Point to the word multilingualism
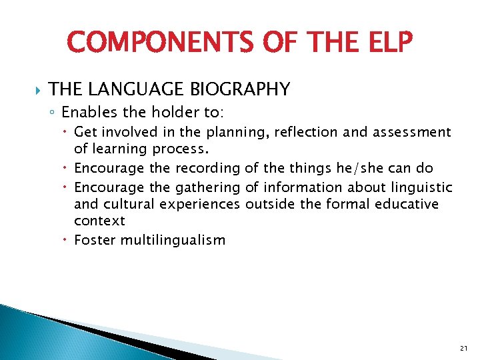pyautogui.click(x=173, y=240)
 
